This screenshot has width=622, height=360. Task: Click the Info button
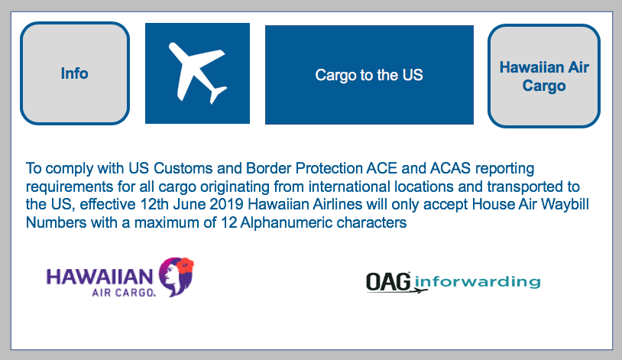(x=75, y=73)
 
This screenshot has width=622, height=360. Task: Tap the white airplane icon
(x=198, y=73)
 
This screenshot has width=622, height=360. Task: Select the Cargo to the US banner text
(x=369, y=75)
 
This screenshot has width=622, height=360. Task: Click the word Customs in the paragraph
(x=183, y=168)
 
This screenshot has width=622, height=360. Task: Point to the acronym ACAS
(x=450, y=168)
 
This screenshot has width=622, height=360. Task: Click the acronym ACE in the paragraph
(x=381, y=168)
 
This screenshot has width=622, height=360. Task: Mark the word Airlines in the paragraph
(x=338, y=204)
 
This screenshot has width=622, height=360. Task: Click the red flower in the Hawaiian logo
(x=185, y=265)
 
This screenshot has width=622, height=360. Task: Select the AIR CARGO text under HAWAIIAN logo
(x=123, y=293)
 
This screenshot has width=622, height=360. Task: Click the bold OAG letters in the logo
(x=388, y=282)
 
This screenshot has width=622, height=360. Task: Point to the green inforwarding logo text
(x=478, y=281)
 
